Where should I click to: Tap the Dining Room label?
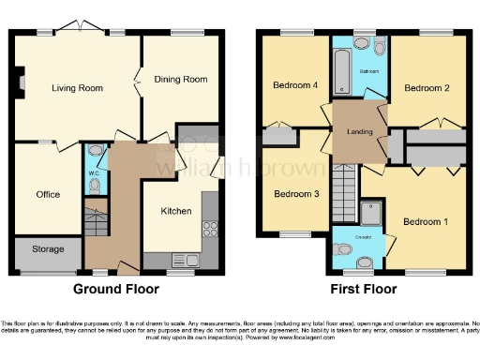point(180,80)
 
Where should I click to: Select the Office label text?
point(48,194)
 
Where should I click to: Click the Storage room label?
point(48,249)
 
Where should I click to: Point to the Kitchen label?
point(175,212)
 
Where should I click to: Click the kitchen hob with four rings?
point(210,228)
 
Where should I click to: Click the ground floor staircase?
point(95,220)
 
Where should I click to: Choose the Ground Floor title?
point(116,289)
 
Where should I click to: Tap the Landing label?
point(361,132)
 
